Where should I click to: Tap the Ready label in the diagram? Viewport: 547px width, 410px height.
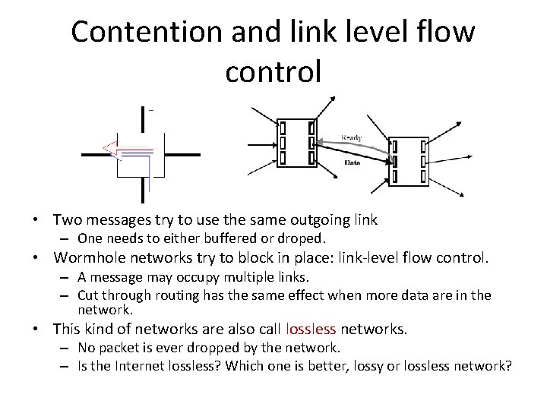[x=350, y=137]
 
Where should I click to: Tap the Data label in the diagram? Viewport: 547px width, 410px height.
[x=352, y=162]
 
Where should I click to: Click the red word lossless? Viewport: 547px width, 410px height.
[x=311, y=330]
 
